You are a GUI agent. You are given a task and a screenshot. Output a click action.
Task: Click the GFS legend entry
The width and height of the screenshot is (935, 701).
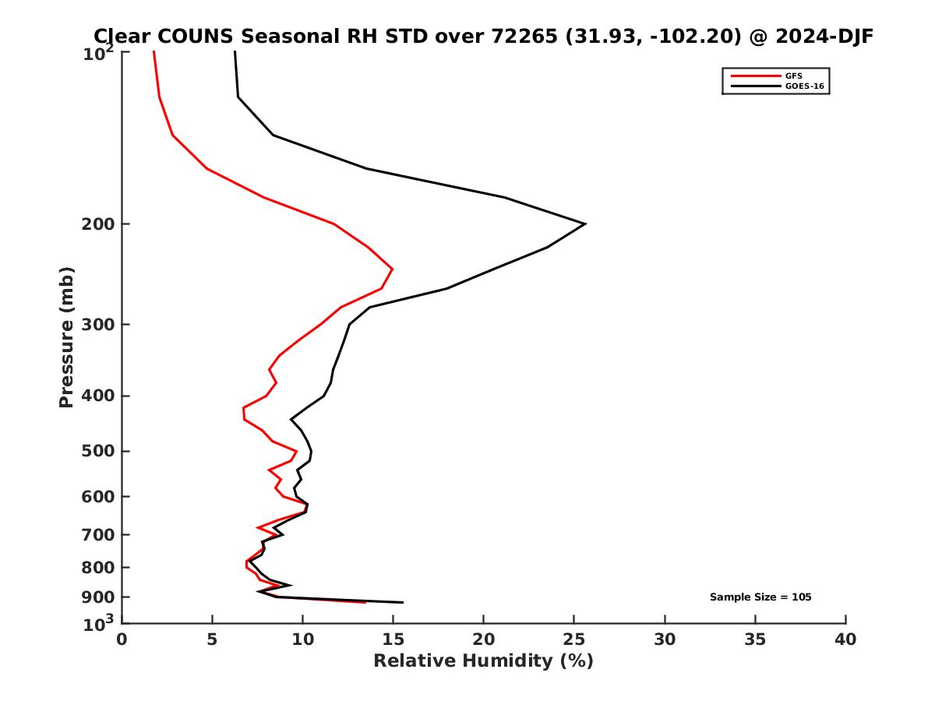tap(794, 76)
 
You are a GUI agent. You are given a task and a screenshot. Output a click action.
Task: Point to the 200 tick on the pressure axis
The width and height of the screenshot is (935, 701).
tap(97, 224)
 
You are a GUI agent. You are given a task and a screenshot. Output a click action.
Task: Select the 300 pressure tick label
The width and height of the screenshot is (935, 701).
tap(97, 324)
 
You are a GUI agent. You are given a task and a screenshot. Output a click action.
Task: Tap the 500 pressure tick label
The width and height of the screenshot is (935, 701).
tap(97, 451)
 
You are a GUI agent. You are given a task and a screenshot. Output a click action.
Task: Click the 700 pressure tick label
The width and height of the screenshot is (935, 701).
tap(97, 534)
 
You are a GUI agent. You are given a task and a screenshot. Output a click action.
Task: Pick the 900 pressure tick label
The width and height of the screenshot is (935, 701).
tap(97, 597)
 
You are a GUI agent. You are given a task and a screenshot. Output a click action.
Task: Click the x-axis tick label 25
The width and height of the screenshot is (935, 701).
tap(574, 639)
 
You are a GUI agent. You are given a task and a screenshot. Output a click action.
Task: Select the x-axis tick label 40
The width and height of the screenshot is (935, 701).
tap(845, 639)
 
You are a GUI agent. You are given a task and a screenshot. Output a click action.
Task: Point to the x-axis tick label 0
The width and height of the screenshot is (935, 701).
tap(122, 639)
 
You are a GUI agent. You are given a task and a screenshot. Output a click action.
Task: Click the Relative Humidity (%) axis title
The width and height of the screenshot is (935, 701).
tap(483, 661)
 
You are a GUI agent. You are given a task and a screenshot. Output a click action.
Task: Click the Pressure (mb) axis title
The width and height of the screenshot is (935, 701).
tap(66, 336)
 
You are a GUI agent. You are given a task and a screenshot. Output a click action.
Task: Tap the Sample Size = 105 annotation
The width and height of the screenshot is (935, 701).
tap(760, 597)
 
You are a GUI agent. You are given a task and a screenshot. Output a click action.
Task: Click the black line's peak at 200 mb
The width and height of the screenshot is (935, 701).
tap(584, 224)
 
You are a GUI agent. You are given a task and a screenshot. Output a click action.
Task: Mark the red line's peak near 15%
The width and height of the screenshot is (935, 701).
tap(392, 269)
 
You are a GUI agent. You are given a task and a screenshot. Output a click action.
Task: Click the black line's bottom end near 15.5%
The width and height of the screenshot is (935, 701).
tap(402, 602)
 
